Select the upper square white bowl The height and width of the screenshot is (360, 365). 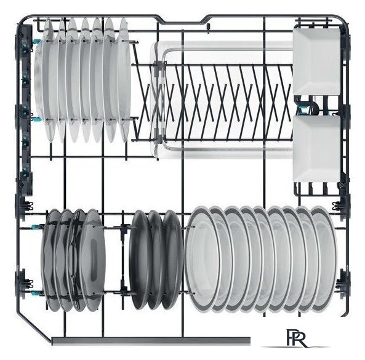pyautogui.click(x=316, y=62)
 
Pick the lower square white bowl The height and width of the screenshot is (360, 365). pyautogui.click(x=316, y=148)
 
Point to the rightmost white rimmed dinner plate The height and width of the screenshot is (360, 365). pyautogui.click(x=324, y=259)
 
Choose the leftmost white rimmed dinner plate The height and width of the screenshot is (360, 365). pyautogui.click(x=203, y=259)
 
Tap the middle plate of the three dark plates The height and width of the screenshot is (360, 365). pyautogui.click(x=155, y=260)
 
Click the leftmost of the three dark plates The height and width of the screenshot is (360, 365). pyautogui.click(x=139, y=260)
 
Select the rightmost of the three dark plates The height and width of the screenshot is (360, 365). pyautogui.click(x=173, y=260)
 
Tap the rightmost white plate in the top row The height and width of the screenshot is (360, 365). pyautogui.click(x=123, y=80)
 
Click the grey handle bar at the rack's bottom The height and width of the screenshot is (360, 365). pyautogui.click(x=151, y=341)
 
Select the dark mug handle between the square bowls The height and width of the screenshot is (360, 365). pyautogui.click(x=308, y=105)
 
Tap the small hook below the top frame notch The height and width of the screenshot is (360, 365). pyautogui.click(x=208, y=28)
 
